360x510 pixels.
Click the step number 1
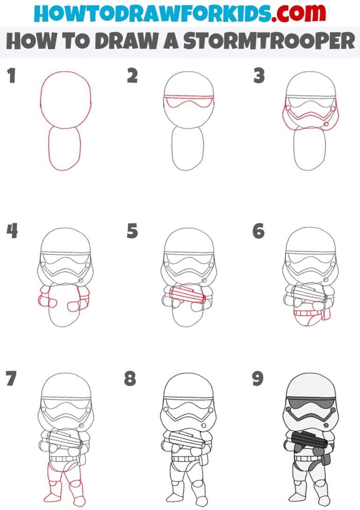pos(11,76)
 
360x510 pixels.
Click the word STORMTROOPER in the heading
pos(270,41)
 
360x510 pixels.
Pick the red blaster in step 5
pos(187,296)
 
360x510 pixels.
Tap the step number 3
pos(258,76)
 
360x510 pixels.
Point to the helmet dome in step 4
pos(66,242)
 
